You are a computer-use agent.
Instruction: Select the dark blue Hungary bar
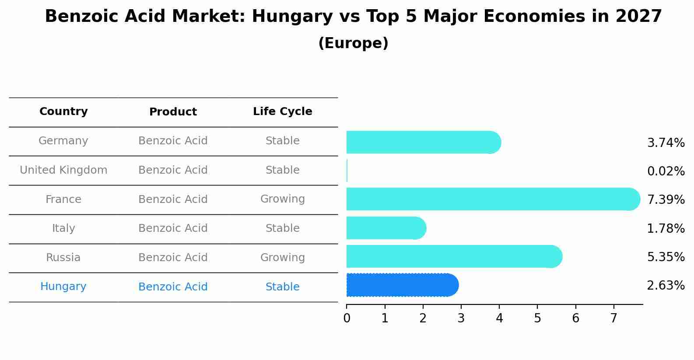pos(402,285)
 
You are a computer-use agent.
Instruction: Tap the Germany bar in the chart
pos(423,142)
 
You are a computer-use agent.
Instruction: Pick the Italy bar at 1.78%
pos(386,228)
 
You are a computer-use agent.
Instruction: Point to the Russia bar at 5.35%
pos(453,256)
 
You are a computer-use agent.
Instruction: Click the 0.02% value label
pos(666,171)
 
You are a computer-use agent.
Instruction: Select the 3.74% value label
pos(666,143)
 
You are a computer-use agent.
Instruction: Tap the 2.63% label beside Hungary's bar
pos(666,286)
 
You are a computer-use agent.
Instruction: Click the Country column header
pos(63,112)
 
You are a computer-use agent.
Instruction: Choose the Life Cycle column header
pos(282,112)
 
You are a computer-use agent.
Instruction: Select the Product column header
pos(173,112)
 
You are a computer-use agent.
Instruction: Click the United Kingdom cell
pos(63,170)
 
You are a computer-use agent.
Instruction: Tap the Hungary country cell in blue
pos(63,287)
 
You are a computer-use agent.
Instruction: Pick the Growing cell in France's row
pos(282,199)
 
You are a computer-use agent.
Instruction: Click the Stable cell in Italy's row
pos(282,228)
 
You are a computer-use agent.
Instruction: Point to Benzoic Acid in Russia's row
pos(173,258)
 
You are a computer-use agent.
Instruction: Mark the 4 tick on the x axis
pos(499,318)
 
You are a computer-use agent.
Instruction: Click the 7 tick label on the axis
pos(614,318)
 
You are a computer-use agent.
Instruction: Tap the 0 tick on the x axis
pos(347,318)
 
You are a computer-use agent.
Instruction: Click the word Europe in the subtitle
pos(353,43)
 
